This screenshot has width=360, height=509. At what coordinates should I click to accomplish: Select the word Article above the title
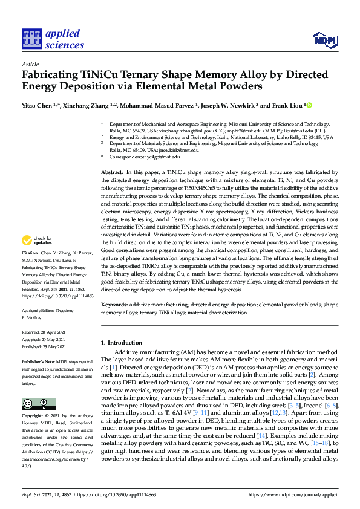point(30,64)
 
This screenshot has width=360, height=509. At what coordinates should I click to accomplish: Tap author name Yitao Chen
point(36,105)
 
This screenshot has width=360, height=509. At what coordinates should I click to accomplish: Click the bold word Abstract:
point(112,172)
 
